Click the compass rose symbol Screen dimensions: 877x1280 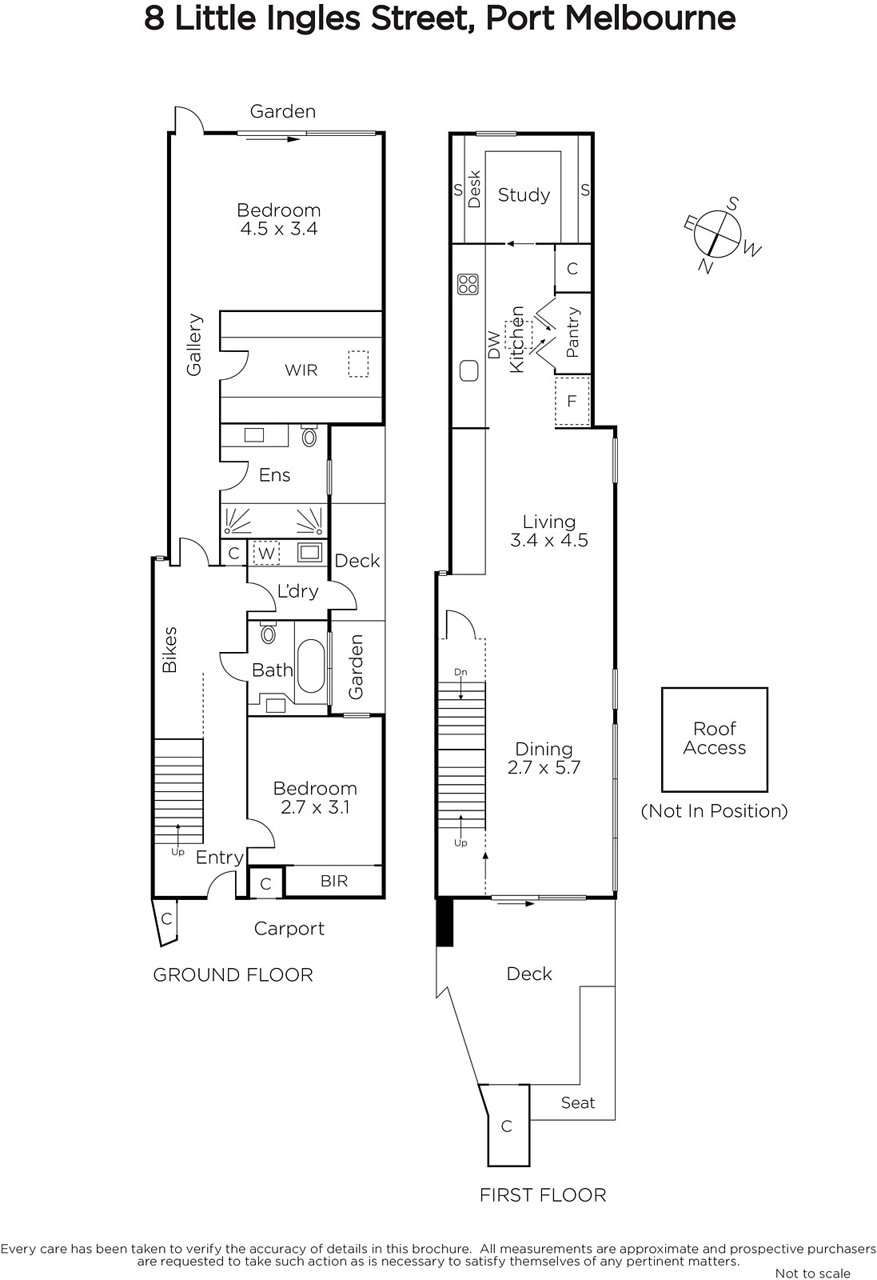[717, 235]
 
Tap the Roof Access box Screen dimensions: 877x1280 [714, 739]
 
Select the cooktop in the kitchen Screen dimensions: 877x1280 [468, 284]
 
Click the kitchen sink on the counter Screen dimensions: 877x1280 [468, 371]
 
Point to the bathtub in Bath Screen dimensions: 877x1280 [311, 666]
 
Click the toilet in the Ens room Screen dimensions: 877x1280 [309, 435]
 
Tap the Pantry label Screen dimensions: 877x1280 [572, 332]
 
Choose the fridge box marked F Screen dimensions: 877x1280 [572, 401]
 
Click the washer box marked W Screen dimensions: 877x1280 [266, 553]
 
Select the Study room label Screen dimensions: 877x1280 [524, 195]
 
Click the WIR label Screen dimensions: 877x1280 [301, 370]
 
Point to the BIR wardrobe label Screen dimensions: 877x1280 [334, 881]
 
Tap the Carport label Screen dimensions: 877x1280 [289, 929]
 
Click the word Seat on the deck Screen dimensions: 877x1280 [578, 1102]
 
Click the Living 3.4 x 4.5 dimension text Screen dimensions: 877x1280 [548, 531]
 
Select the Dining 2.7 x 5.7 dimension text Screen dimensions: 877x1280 [544, 758]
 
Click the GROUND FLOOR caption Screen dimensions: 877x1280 [233, 975]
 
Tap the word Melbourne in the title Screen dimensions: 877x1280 [650, 18]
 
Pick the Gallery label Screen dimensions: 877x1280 [194, 345]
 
